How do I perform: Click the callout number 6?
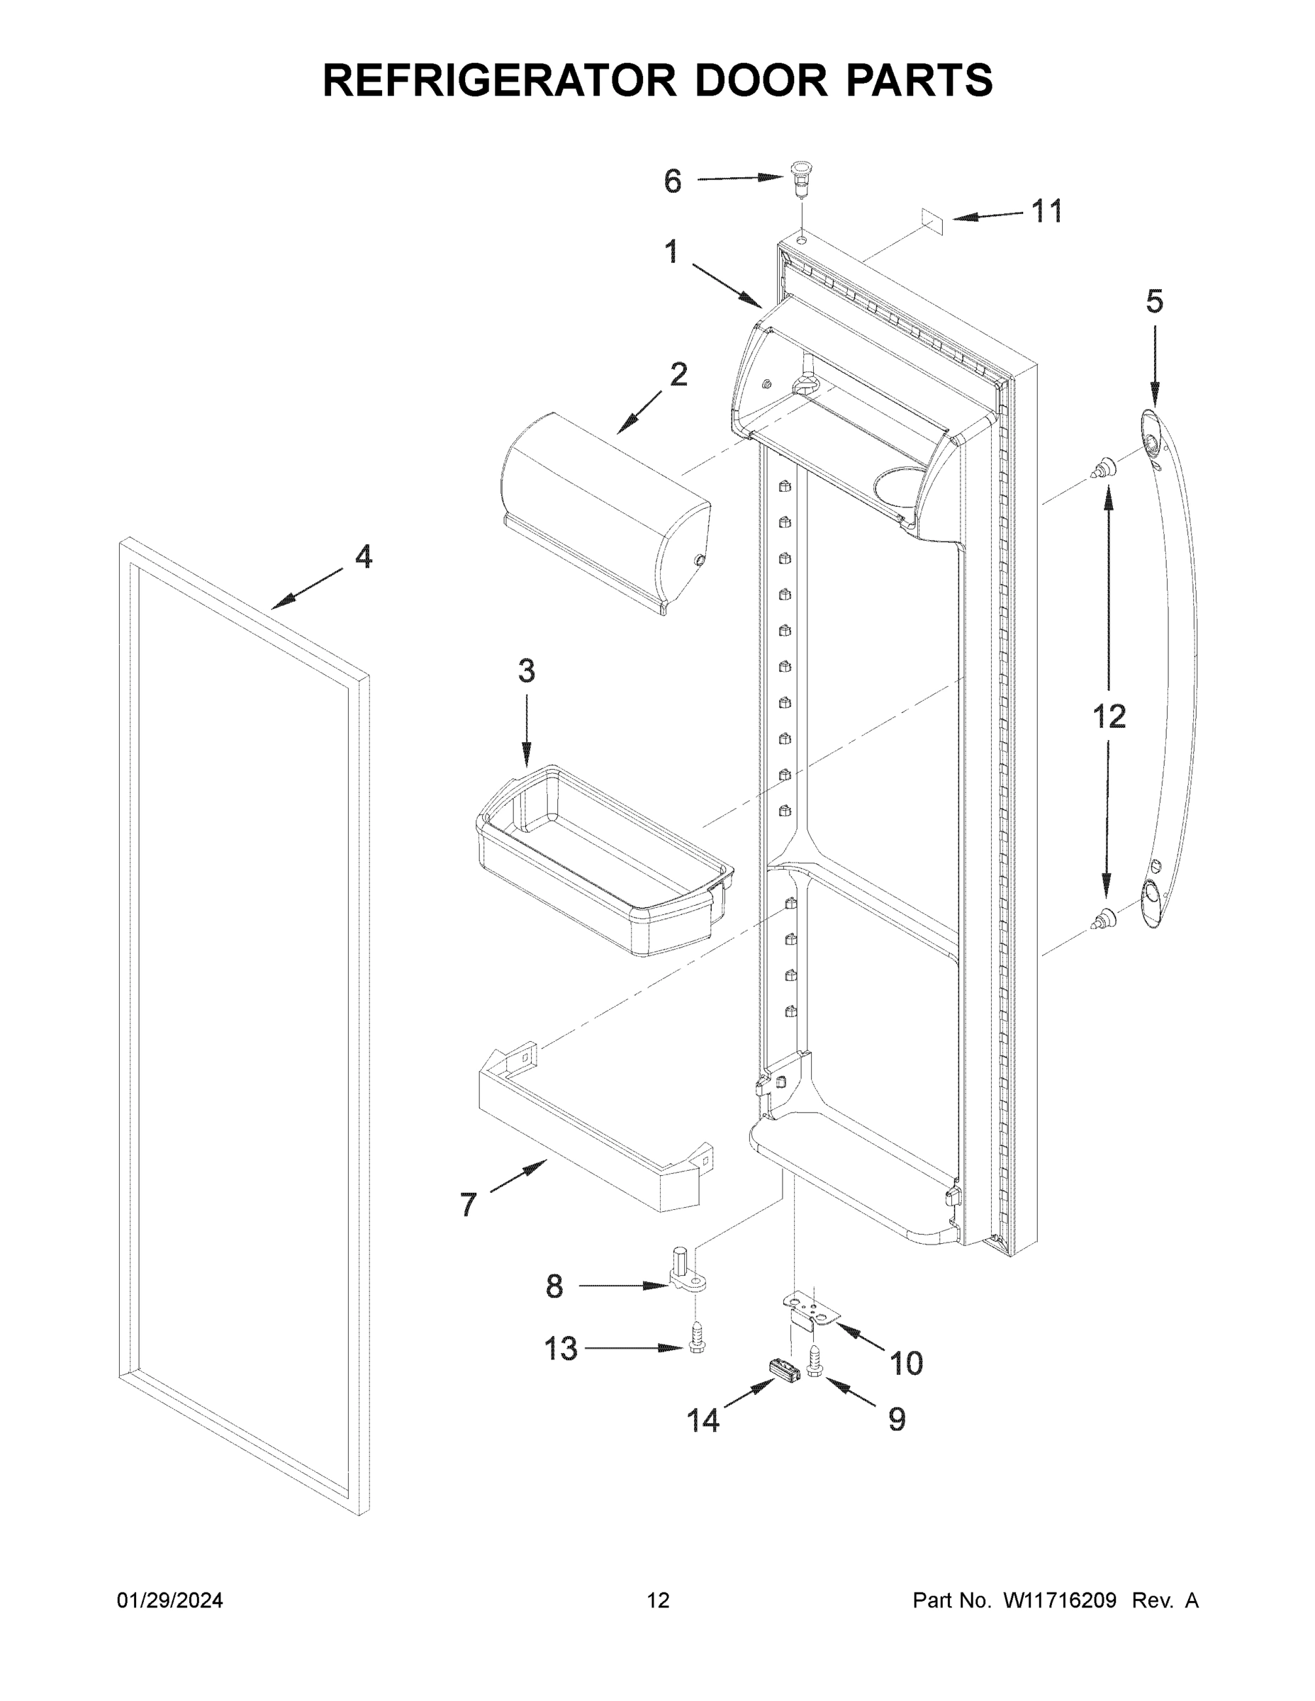(x=672, y=181)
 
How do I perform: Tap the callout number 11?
(x=1047, y=212)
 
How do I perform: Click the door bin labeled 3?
(x=604, y=860)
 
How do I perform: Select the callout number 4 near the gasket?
(x=363, y=557)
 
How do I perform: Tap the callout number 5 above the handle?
(x=1155, y=301)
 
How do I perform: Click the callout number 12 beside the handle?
(x=1109, y=716)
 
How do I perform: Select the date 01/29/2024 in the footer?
(x=170, y=1600)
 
